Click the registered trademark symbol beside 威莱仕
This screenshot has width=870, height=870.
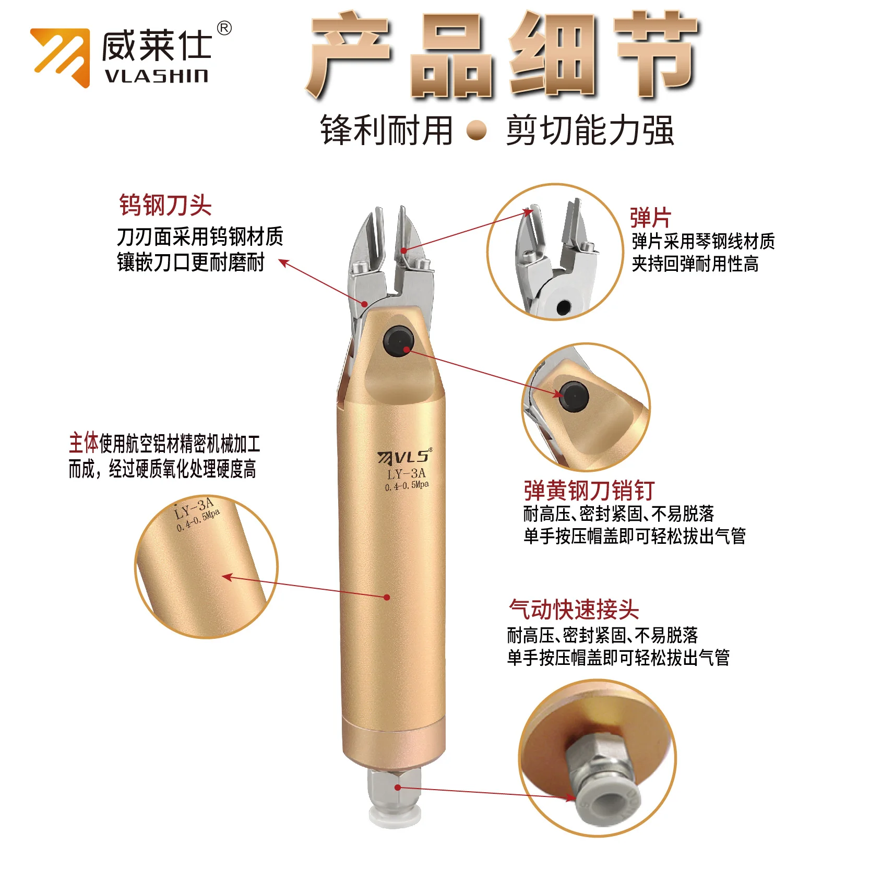224,28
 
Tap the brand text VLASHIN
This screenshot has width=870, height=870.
157,76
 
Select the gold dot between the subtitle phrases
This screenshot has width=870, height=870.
476,130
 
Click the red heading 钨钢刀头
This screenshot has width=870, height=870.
165,205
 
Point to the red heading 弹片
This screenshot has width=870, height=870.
650,218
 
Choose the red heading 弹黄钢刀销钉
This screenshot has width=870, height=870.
589,491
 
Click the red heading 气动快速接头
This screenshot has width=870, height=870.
574,609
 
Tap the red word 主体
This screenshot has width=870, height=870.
84,443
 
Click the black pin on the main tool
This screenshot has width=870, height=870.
398,341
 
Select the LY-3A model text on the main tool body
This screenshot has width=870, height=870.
406,474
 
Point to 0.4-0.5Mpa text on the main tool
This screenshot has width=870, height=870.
407,485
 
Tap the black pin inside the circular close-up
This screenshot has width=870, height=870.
573,396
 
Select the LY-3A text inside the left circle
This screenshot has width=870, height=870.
194,508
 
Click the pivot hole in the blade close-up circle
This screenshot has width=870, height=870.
563,307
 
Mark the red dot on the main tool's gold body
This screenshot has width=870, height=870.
387,597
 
